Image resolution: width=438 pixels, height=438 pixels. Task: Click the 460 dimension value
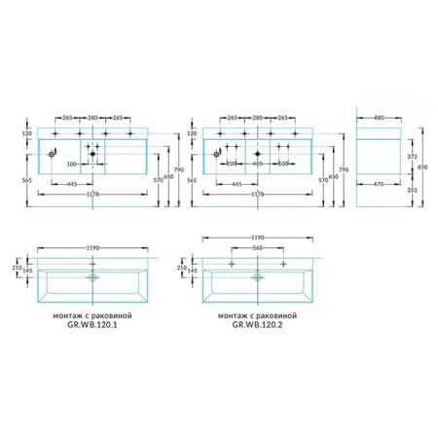pos(258,163)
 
